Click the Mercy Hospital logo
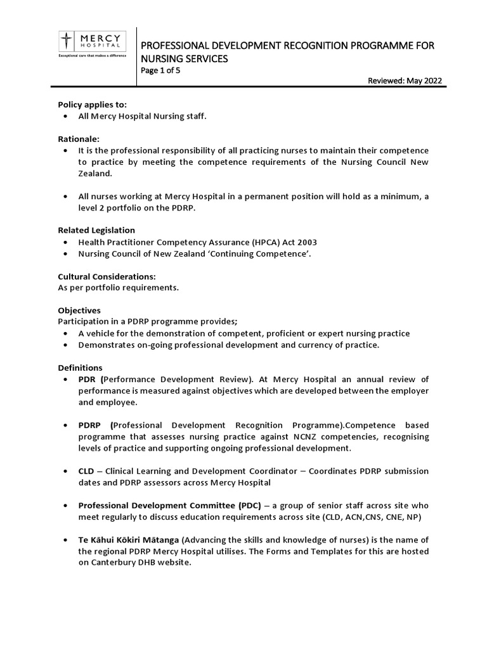92,45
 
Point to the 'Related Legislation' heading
96,230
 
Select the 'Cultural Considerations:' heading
107,276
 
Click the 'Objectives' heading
79,311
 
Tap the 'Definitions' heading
80,368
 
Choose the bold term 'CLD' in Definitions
87,471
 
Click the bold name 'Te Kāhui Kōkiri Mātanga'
129,539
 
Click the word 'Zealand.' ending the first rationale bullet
94,173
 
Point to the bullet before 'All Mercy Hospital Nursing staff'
67,117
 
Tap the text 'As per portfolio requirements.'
119,288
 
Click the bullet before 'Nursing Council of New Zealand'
67,254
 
